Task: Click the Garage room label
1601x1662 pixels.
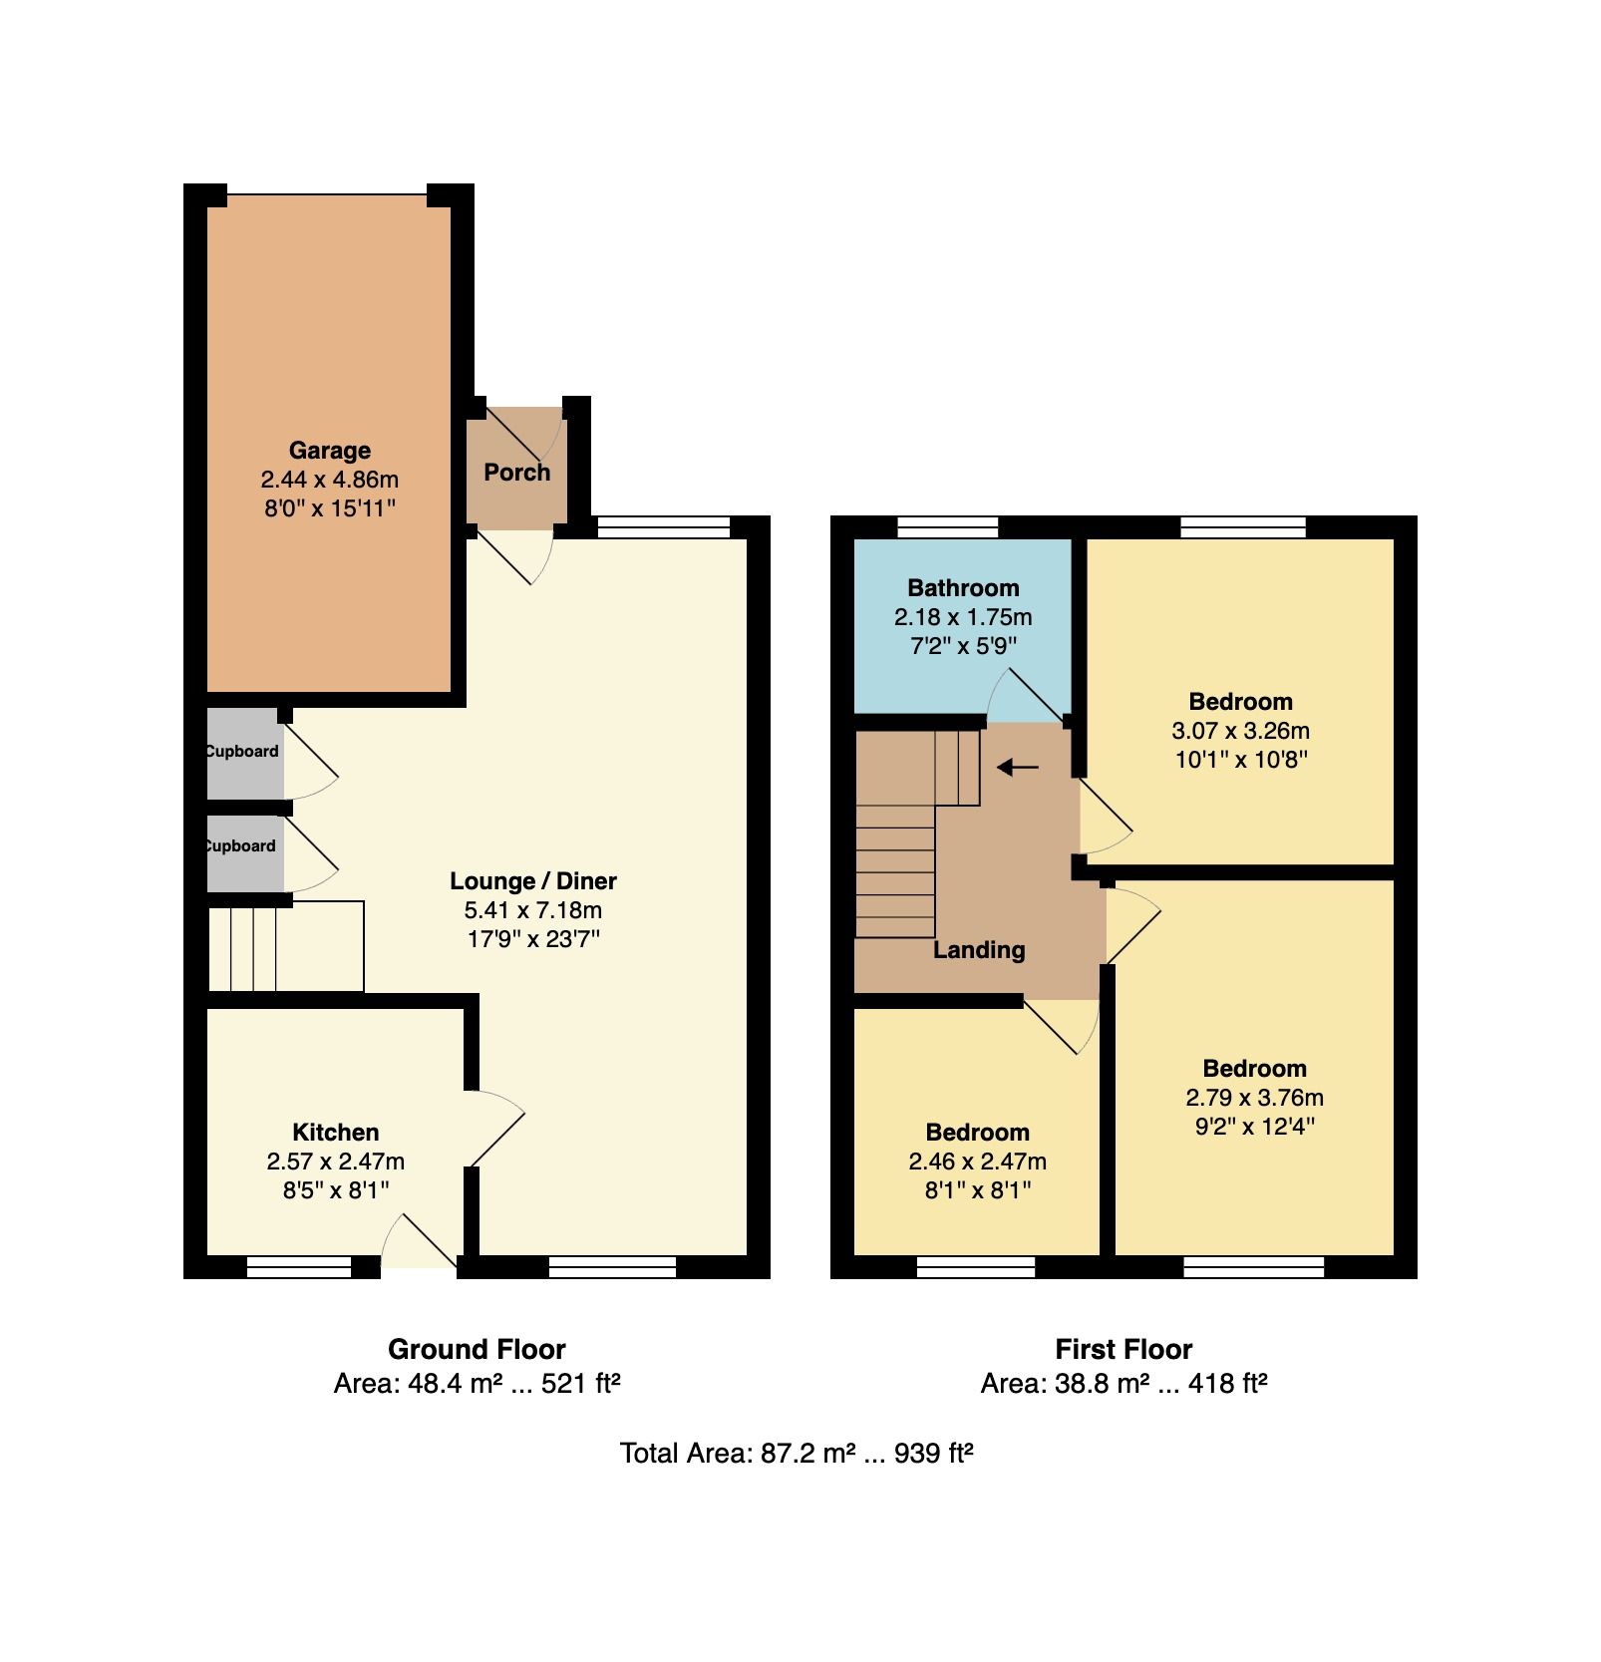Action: click(329, 451)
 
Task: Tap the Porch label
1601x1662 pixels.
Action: click(517, 473)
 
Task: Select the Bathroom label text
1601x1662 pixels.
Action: click(963, 588)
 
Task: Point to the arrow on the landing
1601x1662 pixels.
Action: click(1018, 767)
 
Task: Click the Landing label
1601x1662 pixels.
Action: click(979, 950)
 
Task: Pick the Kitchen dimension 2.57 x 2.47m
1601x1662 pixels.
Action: click(336, 1162)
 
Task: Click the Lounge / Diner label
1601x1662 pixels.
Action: click(533, 881)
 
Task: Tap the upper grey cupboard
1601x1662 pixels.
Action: click(245, 753)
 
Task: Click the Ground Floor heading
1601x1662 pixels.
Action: click(477, 1350)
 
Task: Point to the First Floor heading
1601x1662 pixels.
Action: click(1123, 1350)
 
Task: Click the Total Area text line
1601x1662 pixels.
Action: click(797, 1453)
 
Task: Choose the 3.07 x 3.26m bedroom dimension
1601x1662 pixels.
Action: click(1240, 731)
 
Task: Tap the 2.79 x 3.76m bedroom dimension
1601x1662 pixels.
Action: click(1254, 1098)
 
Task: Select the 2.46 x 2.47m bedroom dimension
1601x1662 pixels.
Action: click(977, 1162)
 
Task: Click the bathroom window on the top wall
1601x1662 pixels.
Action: click(948, 526)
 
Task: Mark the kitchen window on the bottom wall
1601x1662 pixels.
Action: click(299, 1267)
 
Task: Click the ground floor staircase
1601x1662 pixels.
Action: click(285, 947)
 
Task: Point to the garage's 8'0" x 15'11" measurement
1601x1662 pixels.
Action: click(329, 508)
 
